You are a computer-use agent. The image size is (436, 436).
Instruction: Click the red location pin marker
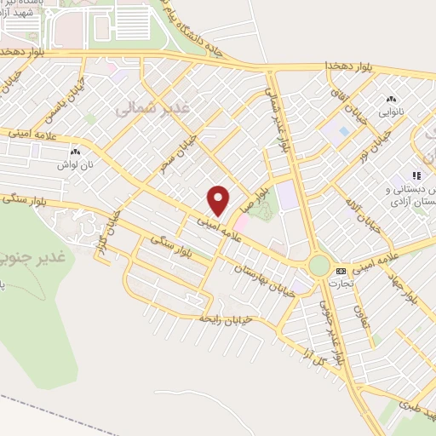[219, 200]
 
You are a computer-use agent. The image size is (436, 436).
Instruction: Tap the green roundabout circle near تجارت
[318, 266]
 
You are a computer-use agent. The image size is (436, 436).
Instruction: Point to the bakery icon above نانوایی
[392, 100]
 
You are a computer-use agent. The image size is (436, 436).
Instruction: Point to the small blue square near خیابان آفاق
[343, 132]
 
